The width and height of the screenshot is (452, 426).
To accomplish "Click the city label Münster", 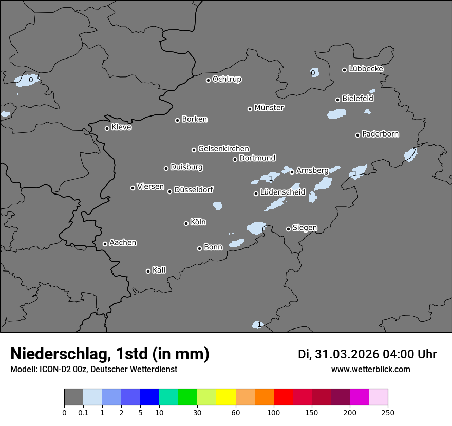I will pyautogui.click(x=269, y=108).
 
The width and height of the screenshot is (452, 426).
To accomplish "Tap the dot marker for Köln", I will pyautogui.click(x=186, y=223).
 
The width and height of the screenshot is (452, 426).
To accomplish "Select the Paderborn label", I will pyautogui.click(x=381, y=134).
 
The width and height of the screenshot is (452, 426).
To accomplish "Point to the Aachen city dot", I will pyautogui.click(x=105, y=244).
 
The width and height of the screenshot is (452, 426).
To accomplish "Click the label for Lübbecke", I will pyautogui.click(x=366, y=69).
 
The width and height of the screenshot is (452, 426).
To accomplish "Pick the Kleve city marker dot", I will pyautogui.click(x=107, y=128).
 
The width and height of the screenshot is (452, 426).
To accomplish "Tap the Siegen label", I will pyautogui.click(x=305, y=228).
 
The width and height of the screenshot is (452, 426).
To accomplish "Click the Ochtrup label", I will pyautogui.click(x=227, y=79).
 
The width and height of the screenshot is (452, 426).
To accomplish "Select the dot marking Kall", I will pyautogui.click(x=148, y=271).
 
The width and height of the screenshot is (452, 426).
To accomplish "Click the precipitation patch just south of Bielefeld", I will pyautogui.click(x=337, y=114).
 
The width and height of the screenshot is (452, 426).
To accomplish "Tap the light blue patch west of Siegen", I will pyautogui.click(x=256, y=228).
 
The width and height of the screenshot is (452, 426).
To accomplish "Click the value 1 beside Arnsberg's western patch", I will pyautogui.click(x=271, y=178).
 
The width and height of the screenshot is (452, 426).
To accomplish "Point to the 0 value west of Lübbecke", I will pyautogui.click(x=313, y=73).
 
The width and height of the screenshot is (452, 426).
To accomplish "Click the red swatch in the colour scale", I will pyautogui.click(x=283, y=397).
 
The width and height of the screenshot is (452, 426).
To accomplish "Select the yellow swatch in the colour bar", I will pyautogui.click(x=226, y=397).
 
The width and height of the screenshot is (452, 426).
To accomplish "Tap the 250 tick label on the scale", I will pyautogui.click(x=388, y=412).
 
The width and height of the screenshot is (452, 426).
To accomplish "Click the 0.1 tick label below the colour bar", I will pyautogui.click(x=83, y=412).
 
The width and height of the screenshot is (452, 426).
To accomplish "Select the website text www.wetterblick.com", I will pyautogui.click(x=371, y=369).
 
